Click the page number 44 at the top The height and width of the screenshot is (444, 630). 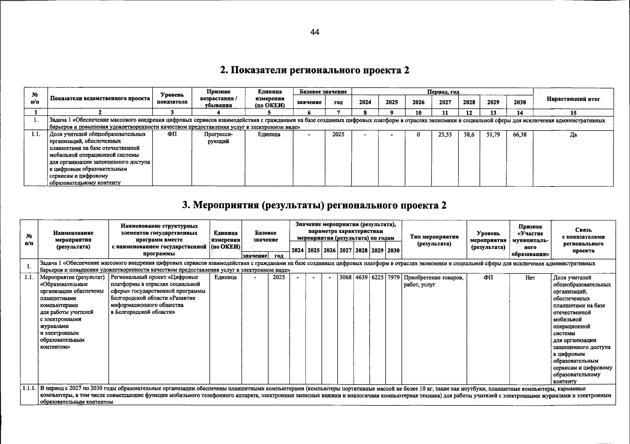(314, 32)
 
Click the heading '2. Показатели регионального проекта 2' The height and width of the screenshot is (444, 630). (314, 70)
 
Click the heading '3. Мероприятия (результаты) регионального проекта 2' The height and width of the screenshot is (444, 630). (314, 205)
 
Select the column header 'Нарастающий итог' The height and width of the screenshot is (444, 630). (573, 99)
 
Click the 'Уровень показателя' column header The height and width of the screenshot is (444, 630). (172, 98)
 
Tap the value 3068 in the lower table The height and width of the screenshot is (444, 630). (345, 277)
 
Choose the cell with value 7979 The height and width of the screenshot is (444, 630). (393, 277)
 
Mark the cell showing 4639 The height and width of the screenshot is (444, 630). (361, 277)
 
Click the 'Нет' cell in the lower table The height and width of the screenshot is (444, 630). (530, 277)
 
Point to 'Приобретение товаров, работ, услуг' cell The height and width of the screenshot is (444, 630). (433, 281)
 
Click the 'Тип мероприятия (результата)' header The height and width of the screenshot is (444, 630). (434, 240)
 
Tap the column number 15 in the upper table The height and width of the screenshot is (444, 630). (573, 113)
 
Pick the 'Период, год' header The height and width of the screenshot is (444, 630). (443, 91)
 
